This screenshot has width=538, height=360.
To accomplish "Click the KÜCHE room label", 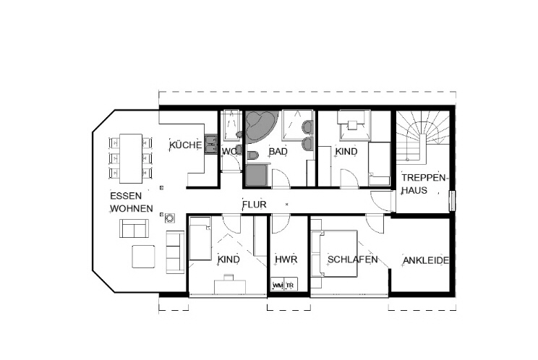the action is click(186, 145).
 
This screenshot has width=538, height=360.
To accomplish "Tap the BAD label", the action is click(278, 151).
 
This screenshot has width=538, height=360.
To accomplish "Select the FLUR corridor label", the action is click(255, 205).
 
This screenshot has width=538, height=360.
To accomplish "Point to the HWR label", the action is click(286, 260).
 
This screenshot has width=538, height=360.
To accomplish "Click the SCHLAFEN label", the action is click(352, 260).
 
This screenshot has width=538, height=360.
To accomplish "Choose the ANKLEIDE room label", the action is click(426, 260).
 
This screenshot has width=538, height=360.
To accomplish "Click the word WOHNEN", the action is click(132, 208).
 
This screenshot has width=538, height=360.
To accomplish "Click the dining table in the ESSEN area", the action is click(131, 158).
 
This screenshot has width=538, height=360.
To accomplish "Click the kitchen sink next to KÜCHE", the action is click(211, 144).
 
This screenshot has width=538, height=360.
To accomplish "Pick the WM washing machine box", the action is click(278, 285).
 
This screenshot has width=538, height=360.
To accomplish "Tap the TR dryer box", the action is click(290, 285).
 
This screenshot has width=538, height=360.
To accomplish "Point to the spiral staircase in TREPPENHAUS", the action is click(423, 133).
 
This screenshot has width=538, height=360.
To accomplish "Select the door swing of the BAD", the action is click(281, 179).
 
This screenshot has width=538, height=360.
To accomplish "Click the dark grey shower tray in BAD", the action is click(256, 175).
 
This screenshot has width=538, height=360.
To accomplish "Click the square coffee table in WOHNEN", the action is click(143, 257).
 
